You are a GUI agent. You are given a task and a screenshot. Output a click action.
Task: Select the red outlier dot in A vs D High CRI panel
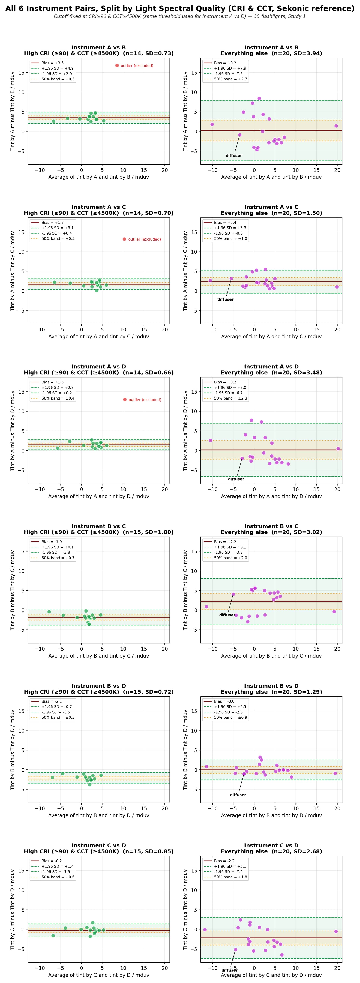pyautogui.click(x=125, y=400)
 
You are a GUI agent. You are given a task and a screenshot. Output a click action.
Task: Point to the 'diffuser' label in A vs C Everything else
pyautogui.click(x=226, y=300)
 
